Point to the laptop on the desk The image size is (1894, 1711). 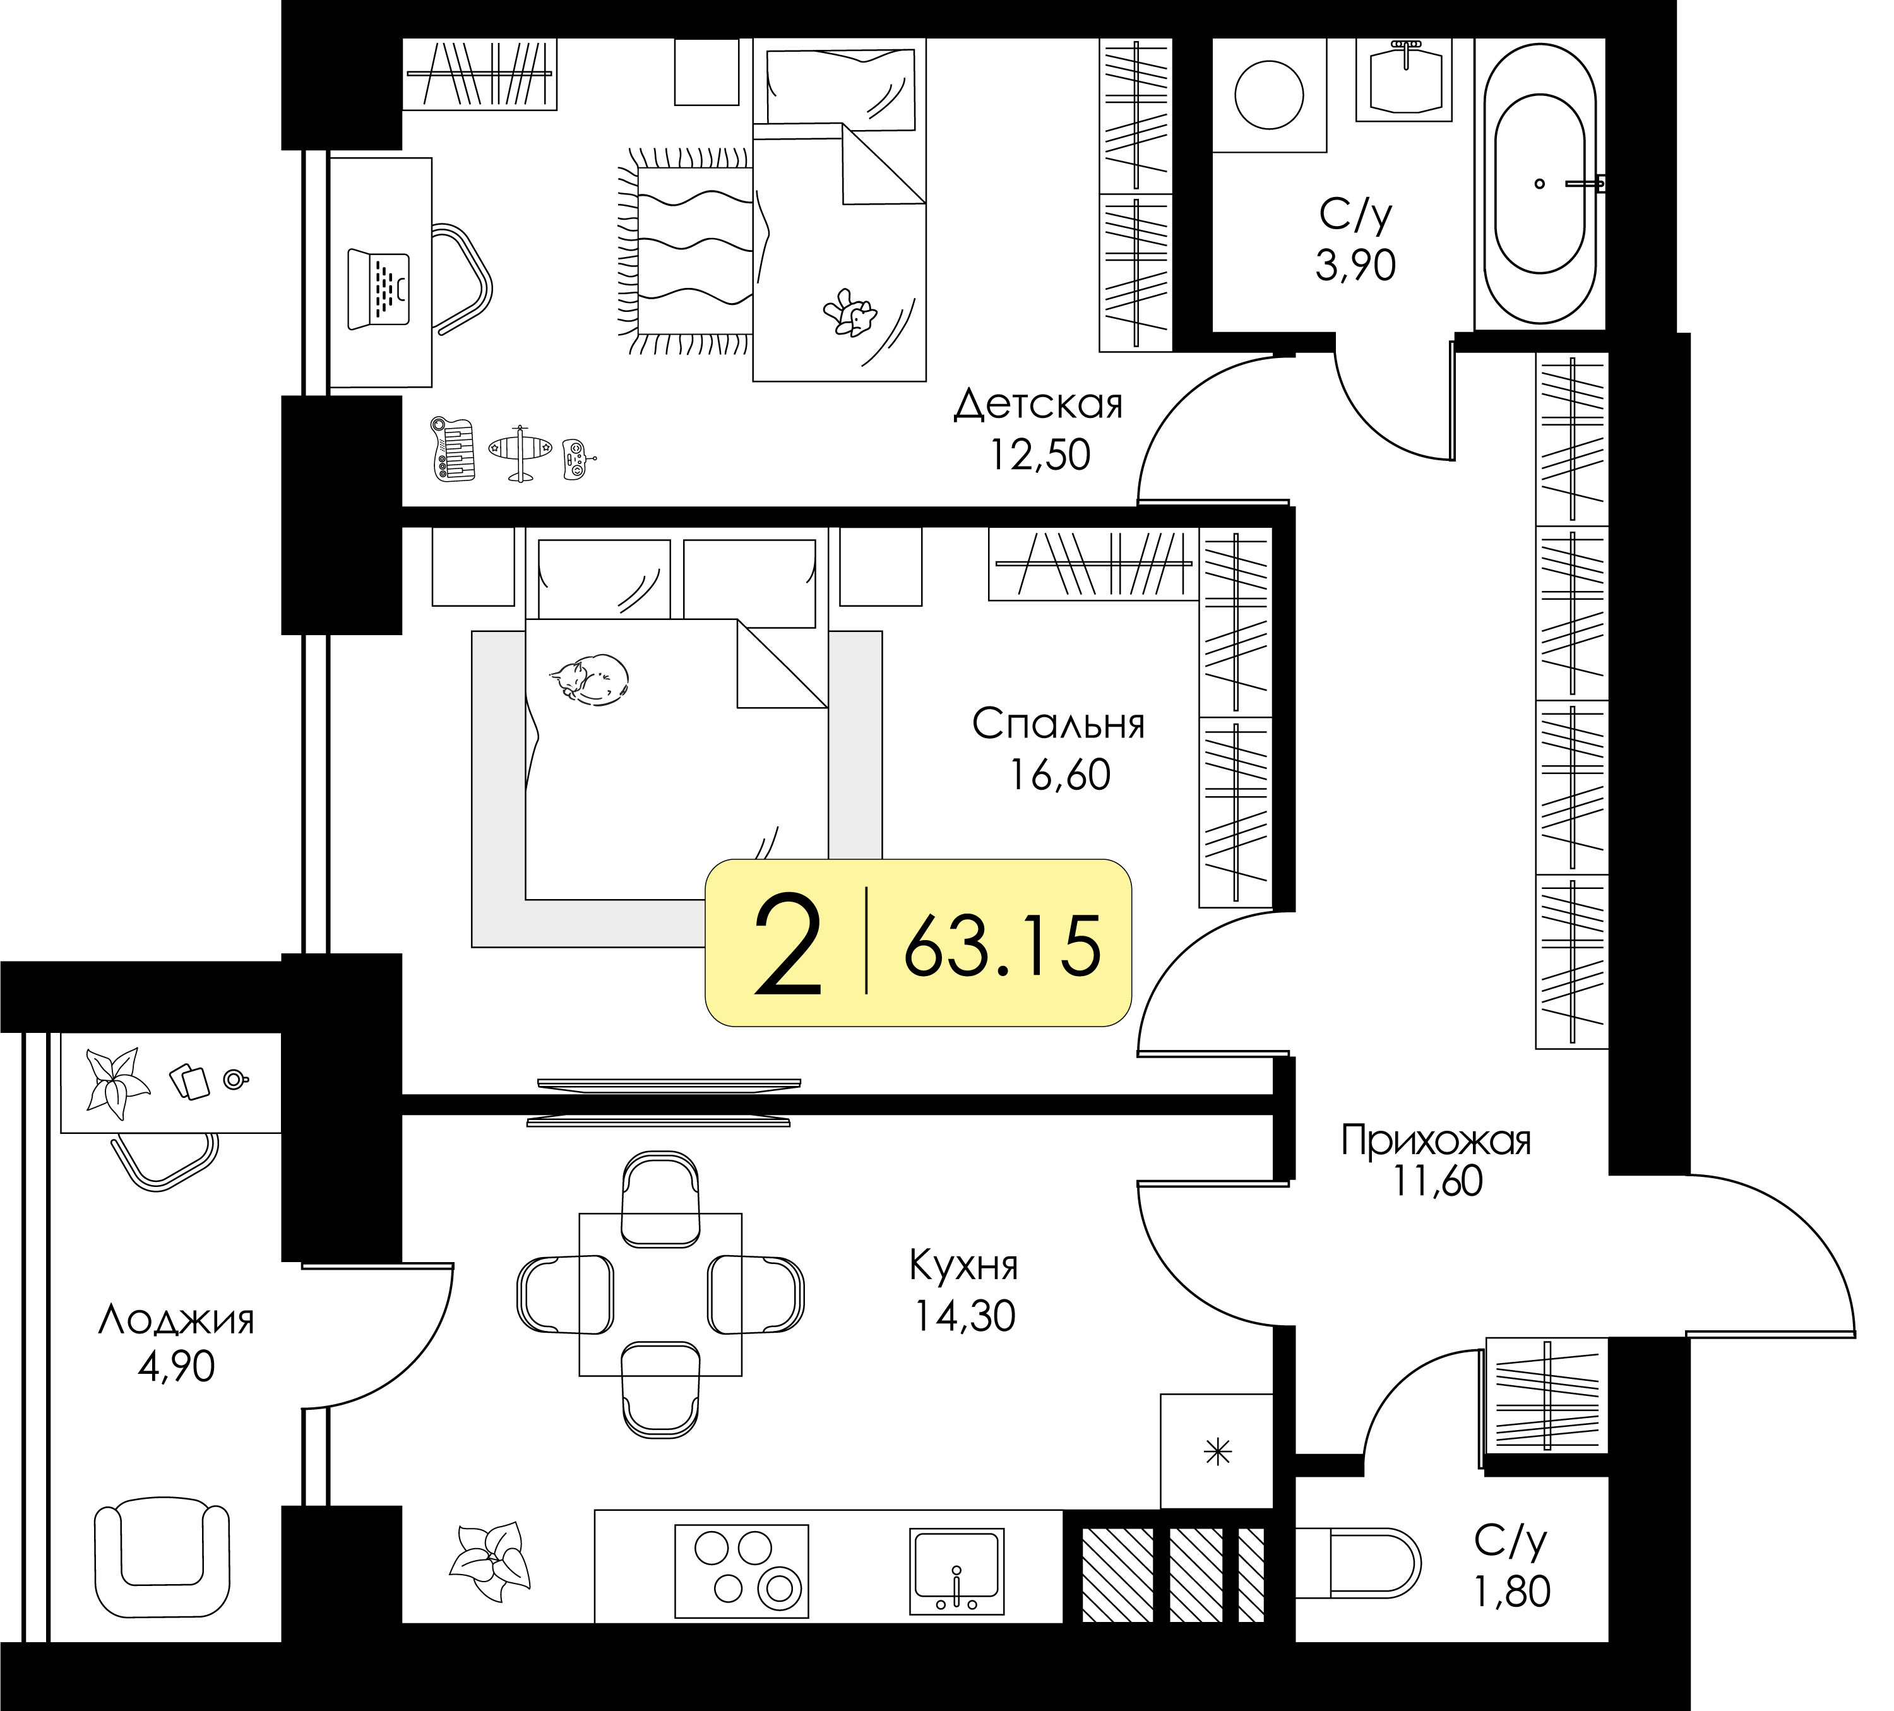coord(379,289)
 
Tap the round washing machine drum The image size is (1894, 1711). coord(1269,95)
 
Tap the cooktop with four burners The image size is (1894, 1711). coord(742,1571)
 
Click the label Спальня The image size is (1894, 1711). coord(1059,724)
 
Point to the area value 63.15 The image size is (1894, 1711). coord(1003,945)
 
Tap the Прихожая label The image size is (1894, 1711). coord(1436,1141)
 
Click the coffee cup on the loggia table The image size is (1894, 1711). coord(236,1080)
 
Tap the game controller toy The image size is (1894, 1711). coord(577,460)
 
